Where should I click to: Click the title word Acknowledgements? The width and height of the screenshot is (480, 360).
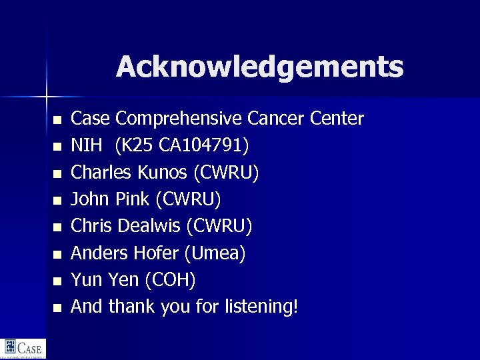coord(259,67)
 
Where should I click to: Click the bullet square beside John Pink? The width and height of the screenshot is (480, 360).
coord(57,201)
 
